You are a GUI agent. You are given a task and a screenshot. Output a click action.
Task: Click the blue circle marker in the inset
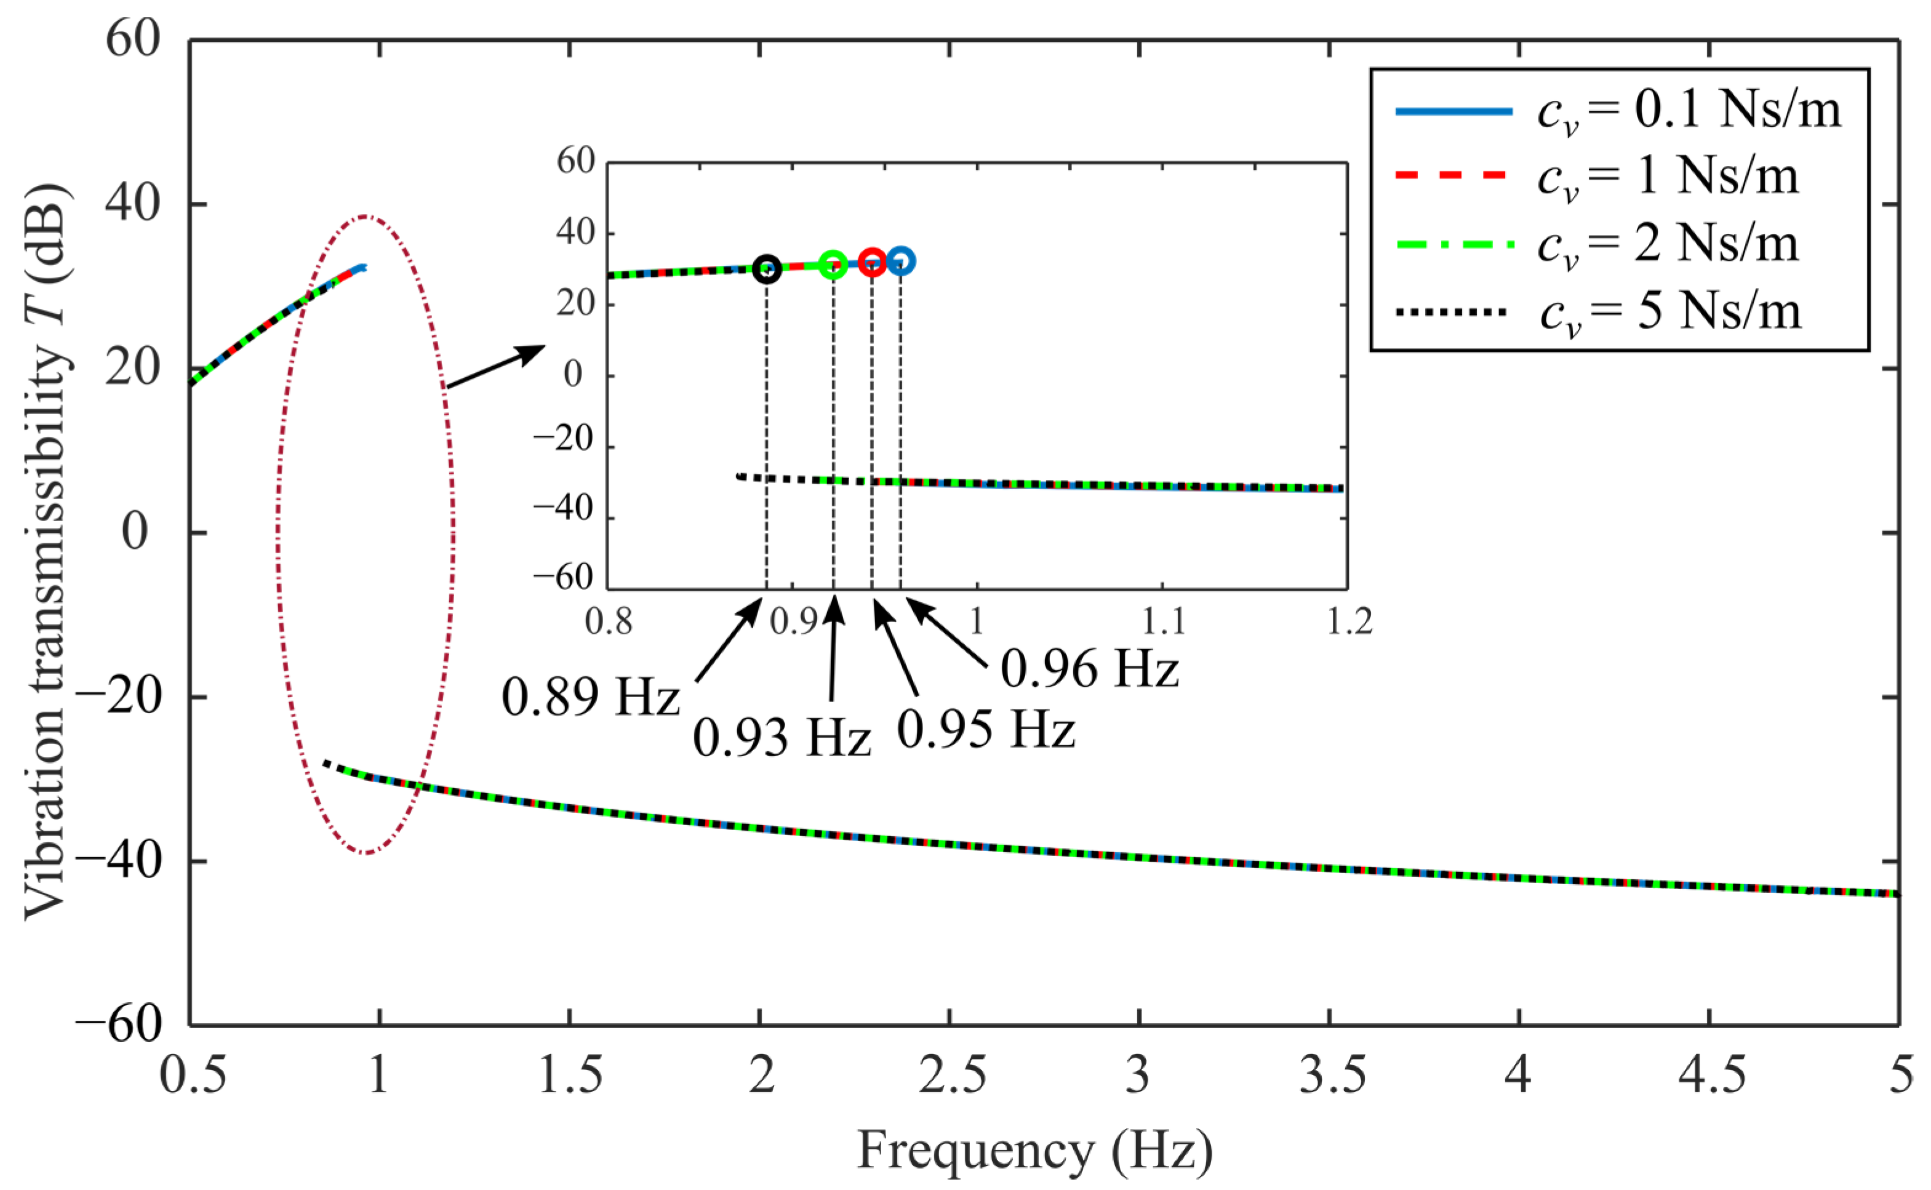(x=901, y=262)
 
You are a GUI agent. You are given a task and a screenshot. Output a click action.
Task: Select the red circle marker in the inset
(x=872, y=263)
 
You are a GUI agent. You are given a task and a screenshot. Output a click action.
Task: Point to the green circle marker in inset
(x=833, y=266)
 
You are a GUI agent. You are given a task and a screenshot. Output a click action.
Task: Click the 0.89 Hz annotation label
(x=590, y=697)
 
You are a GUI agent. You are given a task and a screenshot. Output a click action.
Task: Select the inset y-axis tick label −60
(x=562, y=578)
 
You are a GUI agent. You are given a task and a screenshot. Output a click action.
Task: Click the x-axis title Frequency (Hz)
(x=1035, y=1151)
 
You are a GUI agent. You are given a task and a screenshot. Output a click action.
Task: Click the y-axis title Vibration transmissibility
(x=46, y=551)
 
